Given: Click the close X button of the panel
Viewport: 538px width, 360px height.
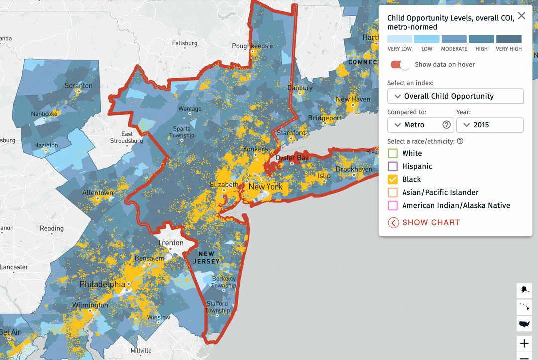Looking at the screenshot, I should (x=521, y=16).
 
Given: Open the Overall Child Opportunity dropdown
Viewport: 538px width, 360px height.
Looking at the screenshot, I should (x=455, y=96).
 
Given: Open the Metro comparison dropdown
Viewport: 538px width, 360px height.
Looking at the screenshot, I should (x=414, y=125).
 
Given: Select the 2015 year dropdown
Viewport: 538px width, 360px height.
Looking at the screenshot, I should (x=489, y=125).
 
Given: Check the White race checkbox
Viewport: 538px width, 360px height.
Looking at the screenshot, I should (x=393, y=153).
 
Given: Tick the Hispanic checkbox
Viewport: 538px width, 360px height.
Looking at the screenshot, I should (x=393, y=166).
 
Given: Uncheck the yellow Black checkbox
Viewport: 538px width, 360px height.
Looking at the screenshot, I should (x=393, y=179).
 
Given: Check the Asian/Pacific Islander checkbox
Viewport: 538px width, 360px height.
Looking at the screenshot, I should (x=393, y=192).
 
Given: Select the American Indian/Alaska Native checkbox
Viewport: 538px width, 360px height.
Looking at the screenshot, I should (x=393, y=205).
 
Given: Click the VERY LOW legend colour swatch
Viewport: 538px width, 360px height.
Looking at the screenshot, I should (x=400, y=39).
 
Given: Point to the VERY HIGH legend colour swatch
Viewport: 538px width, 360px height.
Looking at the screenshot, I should (x=509, y=39).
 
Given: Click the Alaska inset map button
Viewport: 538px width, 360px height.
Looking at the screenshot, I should (x=524, y=290).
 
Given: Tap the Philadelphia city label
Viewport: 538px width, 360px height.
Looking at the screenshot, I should (x=102, y=284).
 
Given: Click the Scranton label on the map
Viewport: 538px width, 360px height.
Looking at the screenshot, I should (x=78, y=86).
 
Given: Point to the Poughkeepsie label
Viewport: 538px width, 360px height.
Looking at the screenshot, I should (x=253, y=46).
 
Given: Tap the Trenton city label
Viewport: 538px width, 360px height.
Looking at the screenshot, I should (x=171, y=243).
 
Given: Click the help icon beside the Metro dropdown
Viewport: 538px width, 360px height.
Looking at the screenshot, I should (x=447, y=125).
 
